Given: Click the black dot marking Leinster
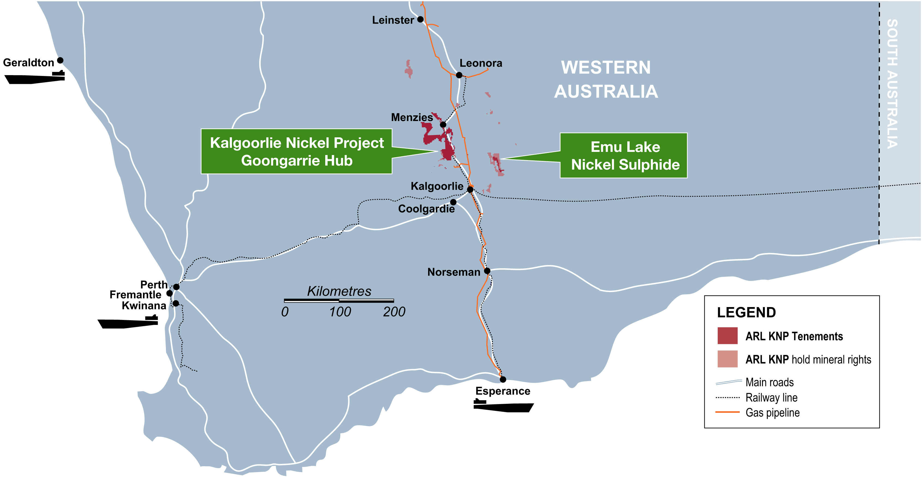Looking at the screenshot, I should pyautogui.click(x=420, y=19).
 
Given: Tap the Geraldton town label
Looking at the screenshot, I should pyautogui.click(x=29, y=63).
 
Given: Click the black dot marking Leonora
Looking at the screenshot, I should pyautogui.click(x=459, y=75).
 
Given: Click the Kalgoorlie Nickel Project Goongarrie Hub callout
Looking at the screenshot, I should pyautogui.click(x=296, y=152).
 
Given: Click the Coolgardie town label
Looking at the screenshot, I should pyautogui.click(x=426, y=208).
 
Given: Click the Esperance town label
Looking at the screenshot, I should pyautogui.click(x=503, y=391).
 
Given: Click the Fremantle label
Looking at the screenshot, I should pyautogui.click(x=135, y=295).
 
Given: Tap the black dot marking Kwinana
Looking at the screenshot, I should pyautogui.click(x=176, y=304).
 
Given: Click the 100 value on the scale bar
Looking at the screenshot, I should pyautogui.click(x=340, y=312).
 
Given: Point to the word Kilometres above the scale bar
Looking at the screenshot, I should pyautogui.click(x=339, y=291).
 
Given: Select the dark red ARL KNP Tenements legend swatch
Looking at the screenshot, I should pyautogui.click(x=727, y=336).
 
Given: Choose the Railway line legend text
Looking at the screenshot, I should pyautogui.click(x=771, y=397).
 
